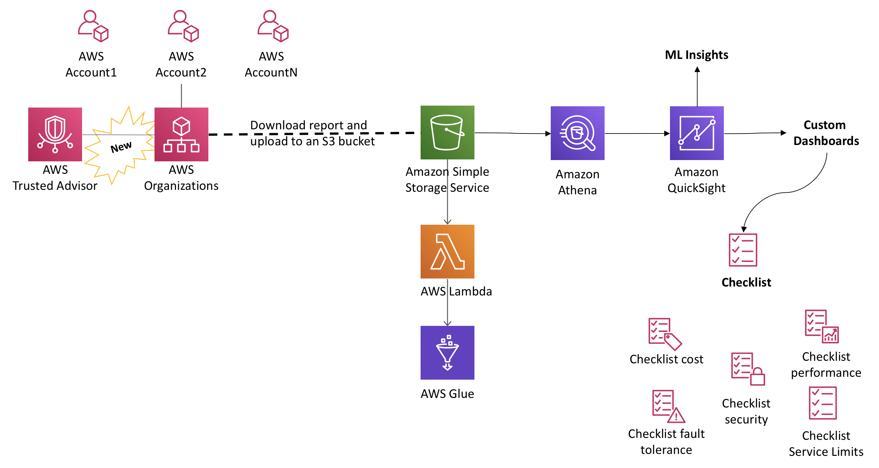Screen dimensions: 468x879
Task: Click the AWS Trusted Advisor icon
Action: click(x=55, y=134)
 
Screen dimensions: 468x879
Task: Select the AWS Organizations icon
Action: click(x=181, y=134)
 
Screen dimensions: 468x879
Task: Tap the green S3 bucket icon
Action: click(x=447, y=132)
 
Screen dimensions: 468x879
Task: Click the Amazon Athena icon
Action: click(x=577, y=133)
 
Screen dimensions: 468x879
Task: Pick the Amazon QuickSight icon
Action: click(x=697, y=133)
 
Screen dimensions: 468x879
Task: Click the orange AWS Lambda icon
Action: click(x=447, y=252)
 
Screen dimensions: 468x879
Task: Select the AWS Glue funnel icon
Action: click(x=447, y=352)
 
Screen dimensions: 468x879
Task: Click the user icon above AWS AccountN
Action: click(x=272, y=26)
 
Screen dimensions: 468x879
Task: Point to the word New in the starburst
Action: click(x=121, y=147)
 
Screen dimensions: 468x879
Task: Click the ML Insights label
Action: click(x=697, y=55)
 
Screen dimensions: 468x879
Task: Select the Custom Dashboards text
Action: click(x=825, y=133)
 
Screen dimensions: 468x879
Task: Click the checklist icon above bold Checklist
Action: click(x=742, y=250)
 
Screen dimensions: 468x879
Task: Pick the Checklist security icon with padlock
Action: click(x=748, y=369)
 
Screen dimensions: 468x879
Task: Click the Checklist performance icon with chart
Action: click(x=821, y=326)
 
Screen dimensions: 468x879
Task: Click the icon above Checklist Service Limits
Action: click(x=822, y=403)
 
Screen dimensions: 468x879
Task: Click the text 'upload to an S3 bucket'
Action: click(x=312, y=141)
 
